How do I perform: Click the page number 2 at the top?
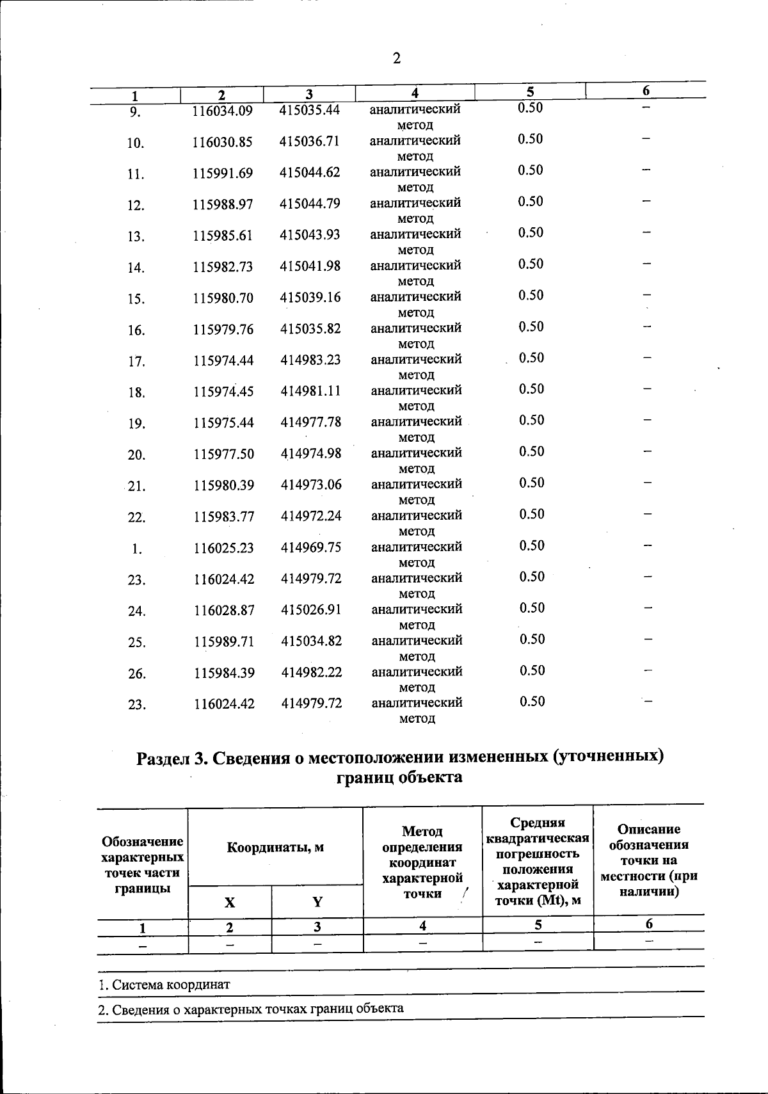pyautogui.click(x=396, y=59)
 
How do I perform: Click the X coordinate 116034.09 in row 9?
pyautogui.click(x=223, y=111)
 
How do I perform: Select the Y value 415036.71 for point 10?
pyautogui.click(x=310, y=141)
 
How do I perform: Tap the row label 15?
pyautogui.click(x=136, y=299)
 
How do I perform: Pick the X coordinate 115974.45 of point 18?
pyautogui.click(x=223, y=392)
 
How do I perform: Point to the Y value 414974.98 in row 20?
pyautogui.click(x=311, y=454)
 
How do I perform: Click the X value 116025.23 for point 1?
pyautogui.click(x=224, y=548)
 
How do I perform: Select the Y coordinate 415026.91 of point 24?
pyautogui.click(x=311, y=610)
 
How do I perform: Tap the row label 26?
pyautogui.click(x=137, y=673)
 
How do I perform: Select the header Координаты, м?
pyautogui.click(x=275, y=848)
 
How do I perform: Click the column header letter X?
pyautogui.click(x=229, y=903)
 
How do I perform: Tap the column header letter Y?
pyautogui.click(x=317, y=903)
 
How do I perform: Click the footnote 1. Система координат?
pyautogui.click(x=164, y=985)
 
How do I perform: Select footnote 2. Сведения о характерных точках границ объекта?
pyautogui.click(x=251, y=1009)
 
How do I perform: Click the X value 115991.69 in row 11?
pyautogui.click(x=223, y=173)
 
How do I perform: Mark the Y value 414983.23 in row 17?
pyautogui.click(x=310, y=360)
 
